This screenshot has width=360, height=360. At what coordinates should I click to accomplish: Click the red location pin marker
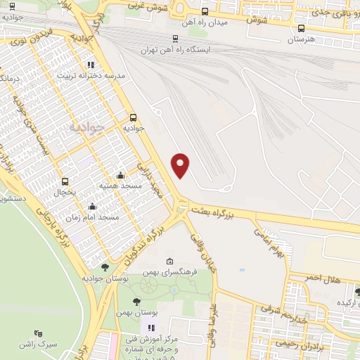[x=181, y=165]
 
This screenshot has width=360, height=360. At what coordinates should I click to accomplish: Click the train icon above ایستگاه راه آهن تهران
[x=175, y=39]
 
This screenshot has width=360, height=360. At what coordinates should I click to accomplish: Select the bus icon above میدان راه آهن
[x=205, y=11]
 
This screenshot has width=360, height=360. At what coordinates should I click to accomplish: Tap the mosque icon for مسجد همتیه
[x=120, y=175]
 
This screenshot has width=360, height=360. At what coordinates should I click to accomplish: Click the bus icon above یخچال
[x=65, y=181]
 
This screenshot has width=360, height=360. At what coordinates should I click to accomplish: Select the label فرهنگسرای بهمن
[x=166, y=271]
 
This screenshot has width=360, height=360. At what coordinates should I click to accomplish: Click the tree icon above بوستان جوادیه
[x=105, y=266]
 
